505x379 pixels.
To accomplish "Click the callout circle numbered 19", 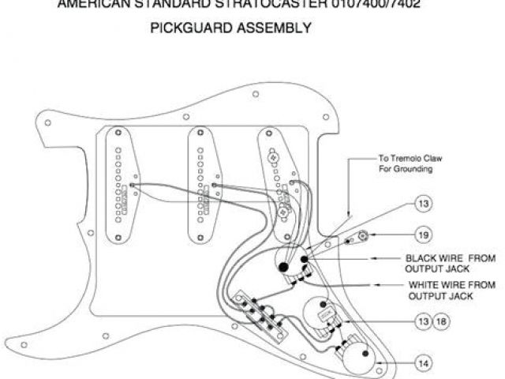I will (x=425, y=234).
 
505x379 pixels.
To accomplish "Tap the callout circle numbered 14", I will (x=425, y=364).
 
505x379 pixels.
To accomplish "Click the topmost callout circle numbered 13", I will (x=425, y=205).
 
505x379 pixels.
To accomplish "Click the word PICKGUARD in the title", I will (x=190, y=28).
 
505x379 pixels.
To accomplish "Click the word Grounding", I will (x=416, y=169).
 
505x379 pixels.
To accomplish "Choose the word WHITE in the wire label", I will (x=425, y=285).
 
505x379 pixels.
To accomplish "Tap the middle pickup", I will (x=204, y=180).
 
